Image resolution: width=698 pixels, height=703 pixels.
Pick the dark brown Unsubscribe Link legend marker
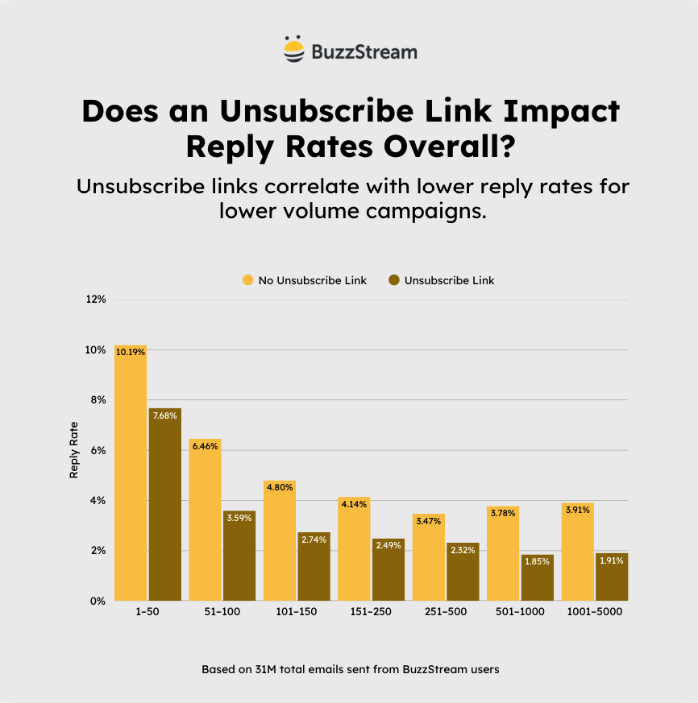pyautogui.click(x=394, y=280)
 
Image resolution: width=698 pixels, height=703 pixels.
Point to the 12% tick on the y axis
pyautogui.click(x=96, y=300)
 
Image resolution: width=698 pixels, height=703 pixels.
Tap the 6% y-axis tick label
pyautogui.click(x=98, y=450)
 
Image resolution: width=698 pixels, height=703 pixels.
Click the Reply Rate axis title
pyautogui.click(x=74, y=450)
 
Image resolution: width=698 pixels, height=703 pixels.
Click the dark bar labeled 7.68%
pyautogui.click(x=164, y=504)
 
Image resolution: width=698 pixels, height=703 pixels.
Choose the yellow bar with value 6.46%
pyautogui.click(x=205, y=519)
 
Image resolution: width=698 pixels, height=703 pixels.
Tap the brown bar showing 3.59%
pyautogui.click(x=239, y=556)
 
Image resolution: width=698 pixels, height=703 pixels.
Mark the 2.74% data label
pyautogui.click(x=313, y=540)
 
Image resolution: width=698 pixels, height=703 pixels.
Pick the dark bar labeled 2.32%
pyautogui.click(x=462, y=572)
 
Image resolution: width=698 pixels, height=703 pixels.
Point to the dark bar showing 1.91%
pyautogui.click(x=611, y=577)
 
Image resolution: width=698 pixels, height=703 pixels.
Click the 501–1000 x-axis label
pyautogui.click(x=520, y=612)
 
